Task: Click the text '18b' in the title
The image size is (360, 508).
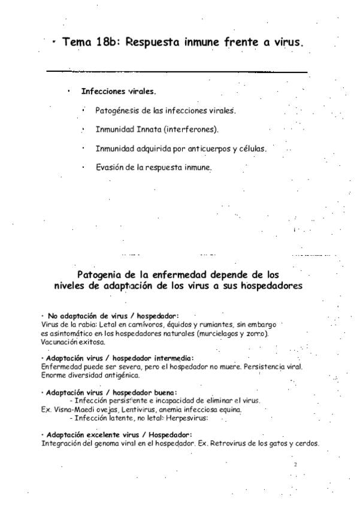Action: [108, 43]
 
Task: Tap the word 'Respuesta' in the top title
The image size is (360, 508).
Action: [153, 44]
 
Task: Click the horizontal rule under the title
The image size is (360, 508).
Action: [177, 72]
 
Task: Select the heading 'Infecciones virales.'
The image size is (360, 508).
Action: [119, 92]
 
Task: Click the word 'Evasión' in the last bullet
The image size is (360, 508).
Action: [110, 168]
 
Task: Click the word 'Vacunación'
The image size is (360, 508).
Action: [59, 342]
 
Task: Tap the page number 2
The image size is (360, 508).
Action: [295, 464]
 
